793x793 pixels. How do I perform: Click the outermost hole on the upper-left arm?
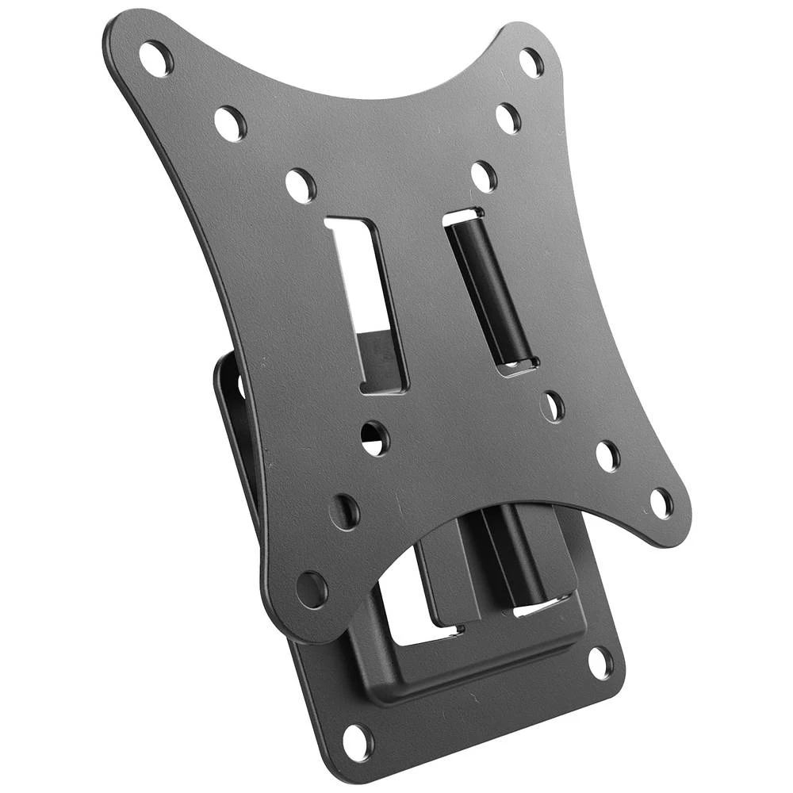155,58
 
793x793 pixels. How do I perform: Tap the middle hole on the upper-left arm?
230,123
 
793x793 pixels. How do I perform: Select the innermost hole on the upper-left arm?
300,185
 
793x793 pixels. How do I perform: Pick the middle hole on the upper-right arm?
508,118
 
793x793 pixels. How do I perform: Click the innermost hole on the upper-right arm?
484,175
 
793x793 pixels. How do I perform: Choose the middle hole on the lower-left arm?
344,511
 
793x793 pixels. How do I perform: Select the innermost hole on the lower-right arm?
553,405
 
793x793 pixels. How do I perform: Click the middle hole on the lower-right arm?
607,455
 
